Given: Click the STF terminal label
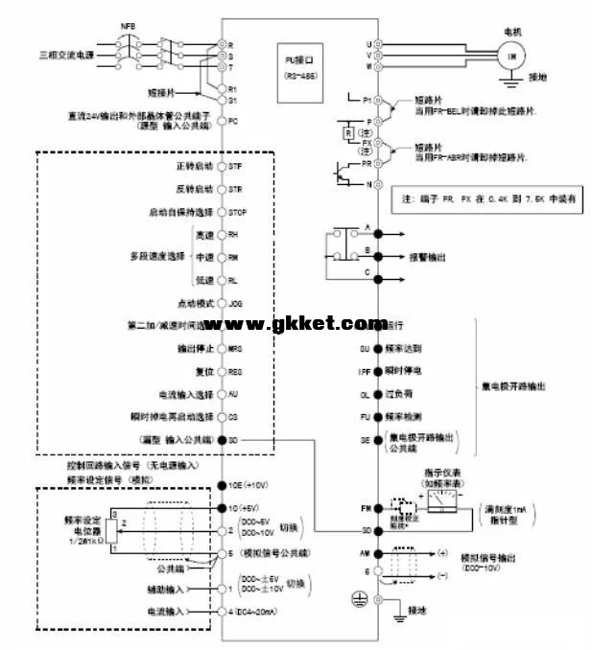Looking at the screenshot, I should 235,166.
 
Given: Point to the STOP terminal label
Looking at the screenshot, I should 239,211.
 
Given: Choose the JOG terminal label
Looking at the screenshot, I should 236,302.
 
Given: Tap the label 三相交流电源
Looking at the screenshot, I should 65,58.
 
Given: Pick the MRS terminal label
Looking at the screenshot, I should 236,349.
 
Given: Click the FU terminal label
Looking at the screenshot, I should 365,417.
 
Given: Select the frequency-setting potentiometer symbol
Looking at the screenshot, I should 112,533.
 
